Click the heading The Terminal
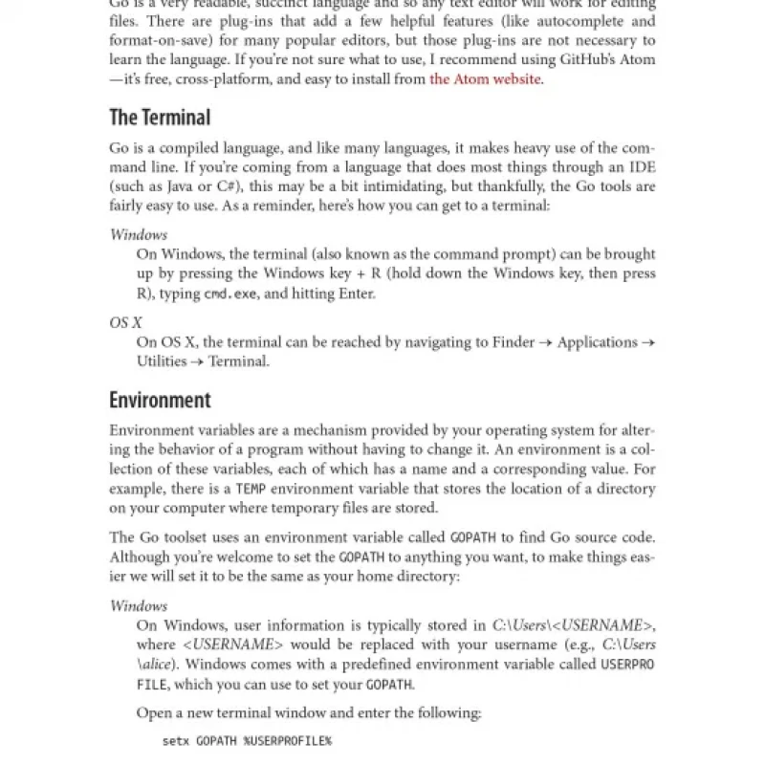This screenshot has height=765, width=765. tap(160, 118)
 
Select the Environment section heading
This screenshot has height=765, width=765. tap(160, 400)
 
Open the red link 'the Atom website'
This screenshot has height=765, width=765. tap(486, 78)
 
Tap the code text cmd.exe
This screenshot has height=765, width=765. tap(230, 295)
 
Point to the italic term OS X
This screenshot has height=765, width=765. tap(125, 323)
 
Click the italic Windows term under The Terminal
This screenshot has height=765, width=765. tap(139, 234)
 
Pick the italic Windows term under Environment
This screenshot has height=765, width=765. tap(139, 605)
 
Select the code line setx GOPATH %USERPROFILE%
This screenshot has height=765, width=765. tap(247, 741)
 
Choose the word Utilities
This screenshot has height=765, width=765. tap(162, 361)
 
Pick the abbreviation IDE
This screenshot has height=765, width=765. tap(642, 166)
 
